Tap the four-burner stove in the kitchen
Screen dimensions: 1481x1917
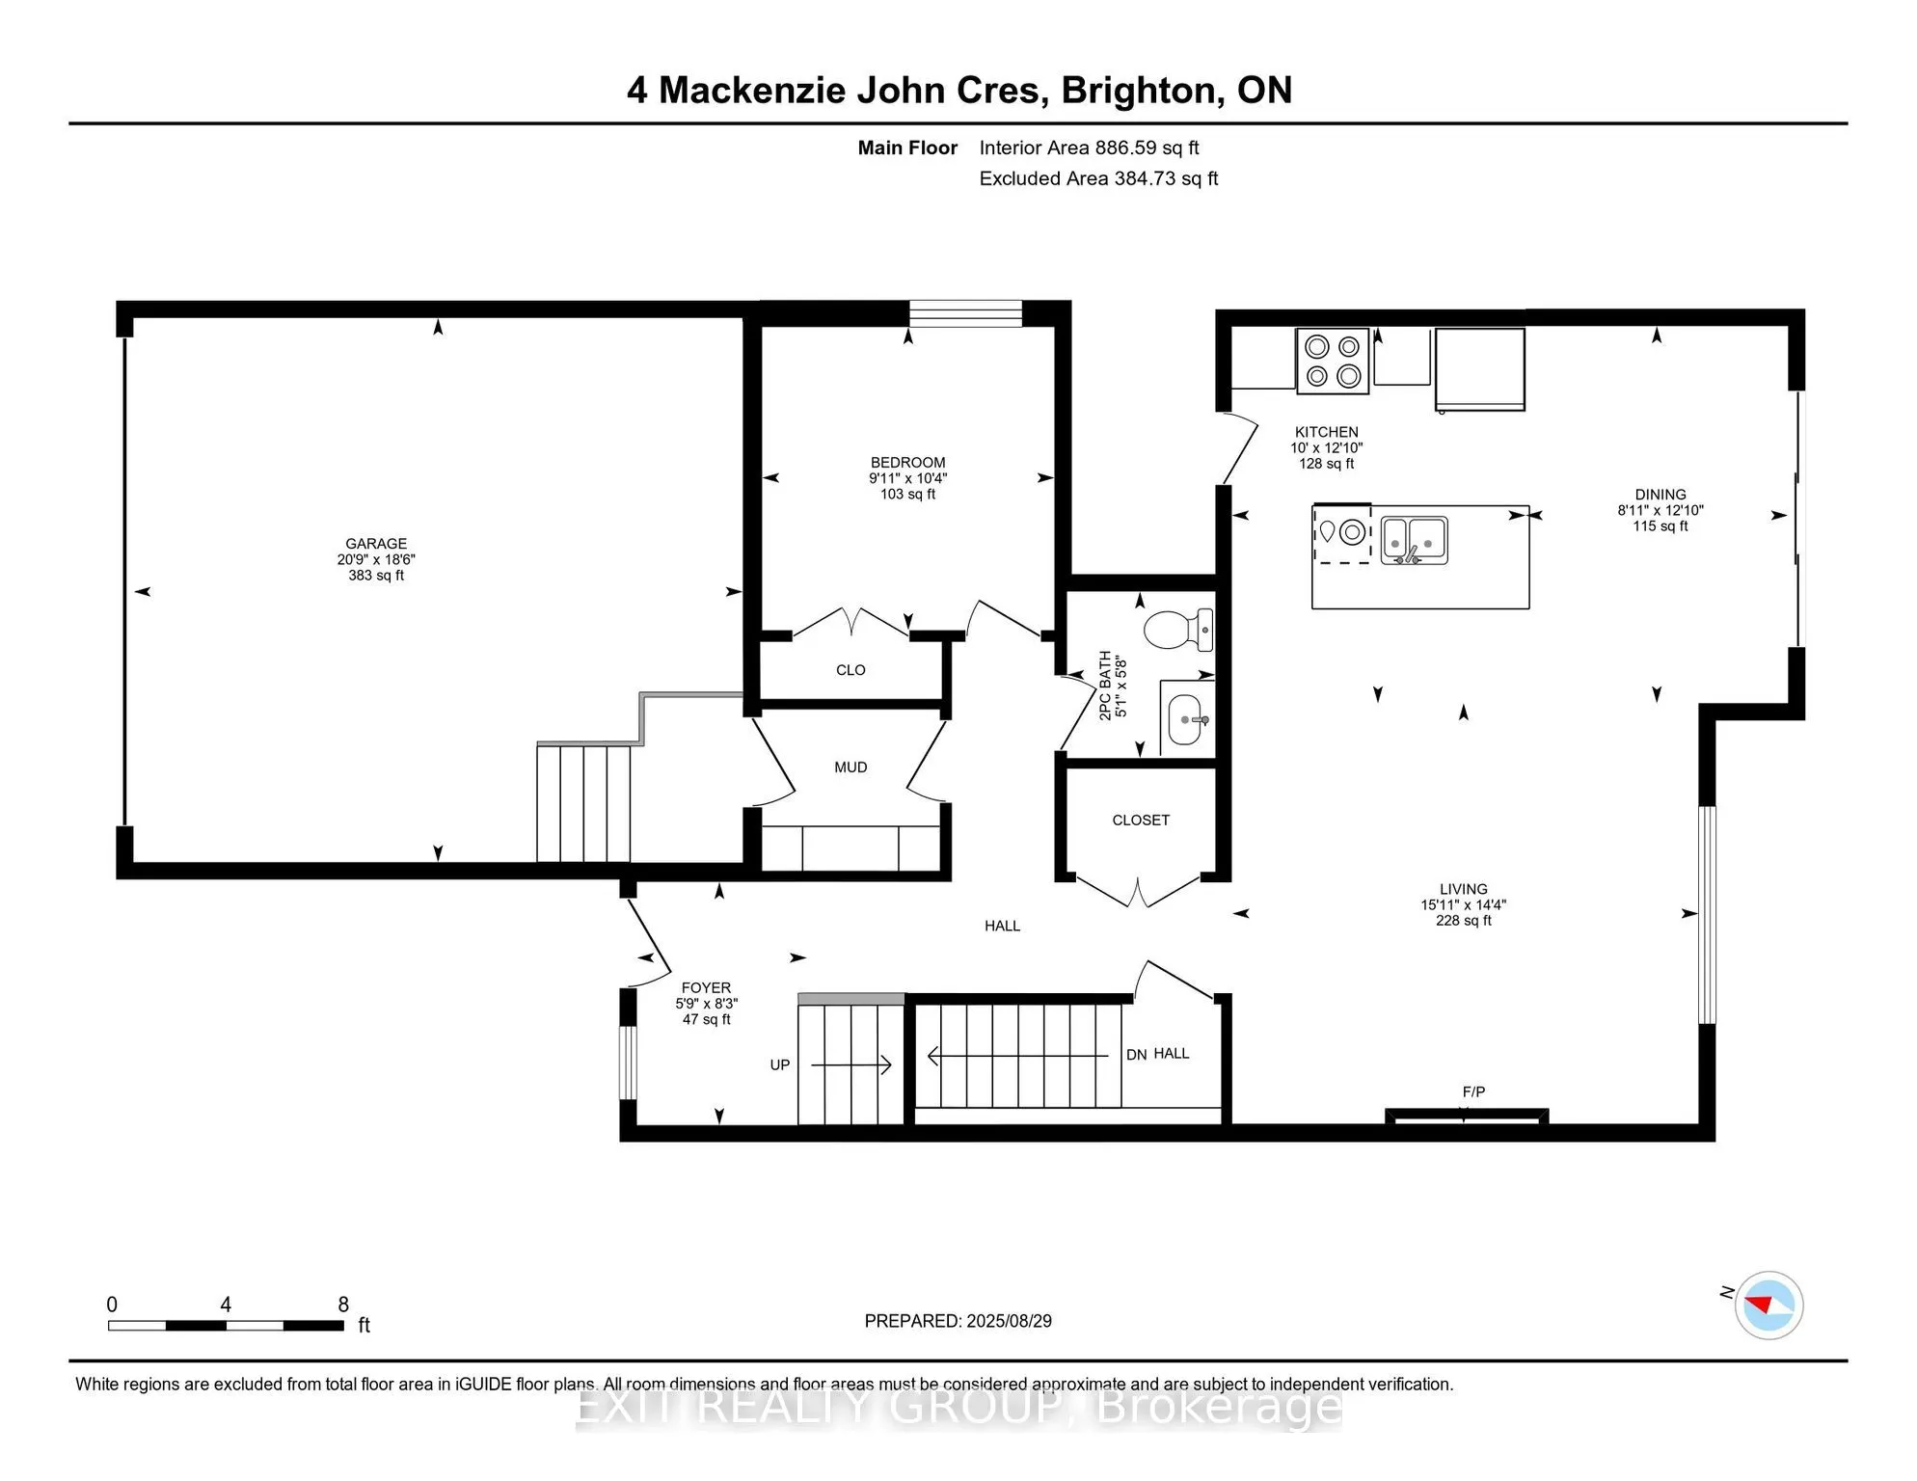[1333, 362]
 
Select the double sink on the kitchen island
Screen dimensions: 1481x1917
[1414, 541]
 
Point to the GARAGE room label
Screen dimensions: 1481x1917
[376, 544]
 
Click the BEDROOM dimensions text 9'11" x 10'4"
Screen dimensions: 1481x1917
[907, 478]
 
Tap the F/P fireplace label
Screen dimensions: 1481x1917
[1473, 1092]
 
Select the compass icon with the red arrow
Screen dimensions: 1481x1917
[1768, 1306]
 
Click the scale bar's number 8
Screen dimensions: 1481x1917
[343, 1305]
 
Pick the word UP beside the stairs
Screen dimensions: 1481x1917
[779, 1065]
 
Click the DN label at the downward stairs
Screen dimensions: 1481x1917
[1136, 1055]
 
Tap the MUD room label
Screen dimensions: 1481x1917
[850, 767]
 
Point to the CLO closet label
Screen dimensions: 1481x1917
[850, 670]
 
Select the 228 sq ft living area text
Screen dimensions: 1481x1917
[1463, 921]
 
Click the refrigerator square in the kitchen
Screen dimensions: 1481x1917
[1479, 369]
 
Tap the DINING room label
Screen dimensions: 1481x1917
[1660, 495]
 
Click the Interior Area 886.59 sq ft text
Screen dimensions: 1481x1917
[1089, 148]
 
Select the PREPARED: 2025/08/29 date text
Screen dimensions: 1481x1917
[958, 1321]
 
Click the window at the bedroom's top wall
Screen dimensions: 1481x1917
[965, 314]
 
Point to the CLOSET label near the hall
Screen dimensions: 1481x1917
[1141, 821]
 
